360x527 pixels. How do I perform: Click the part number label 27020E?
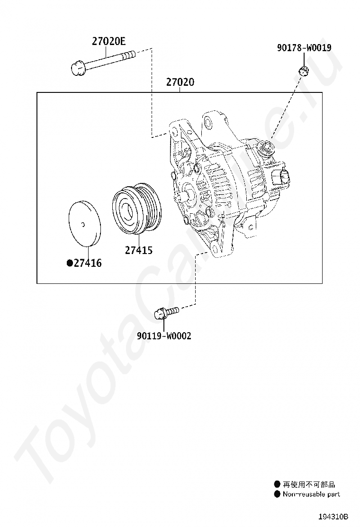108,41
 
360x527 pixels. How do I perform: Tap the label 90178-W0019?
304,48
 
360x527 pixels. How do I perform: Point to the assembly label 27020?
180,82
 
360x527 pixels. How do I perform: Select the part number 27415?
139,250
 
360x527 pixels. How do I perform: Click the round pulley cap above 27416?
85,223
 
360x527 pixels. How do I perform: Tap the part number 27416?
88,263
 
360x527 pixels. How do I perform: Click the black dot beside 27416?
70,263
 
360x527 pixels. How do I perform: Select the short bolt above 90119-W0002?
166,313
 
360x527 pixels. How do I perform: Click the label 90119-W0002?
164,336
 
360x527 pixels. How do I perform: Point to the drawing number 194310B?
333,516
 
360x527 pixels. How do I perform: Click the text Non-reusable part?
311,494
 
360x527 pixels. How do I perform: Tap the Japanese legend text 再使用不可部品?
309,484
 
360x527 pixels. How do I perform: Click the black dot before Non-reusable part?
277,494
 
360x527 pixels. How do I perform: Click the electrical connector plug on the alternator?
281,176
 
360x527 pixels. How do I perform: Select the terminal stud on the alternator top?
265,147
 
